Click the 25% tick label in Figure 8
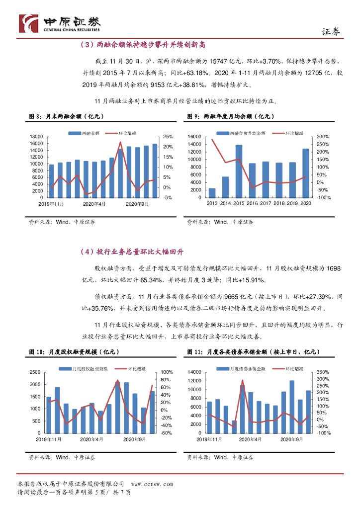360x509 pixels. point(168,137)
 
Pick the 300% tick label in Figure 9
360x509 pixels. point(323,137)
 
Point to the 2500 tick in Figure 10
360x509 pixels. point(35,372)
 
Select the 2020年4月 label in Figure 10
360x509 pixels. point(93,439)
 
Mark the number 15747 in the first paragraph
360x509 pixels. point(222,61)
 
